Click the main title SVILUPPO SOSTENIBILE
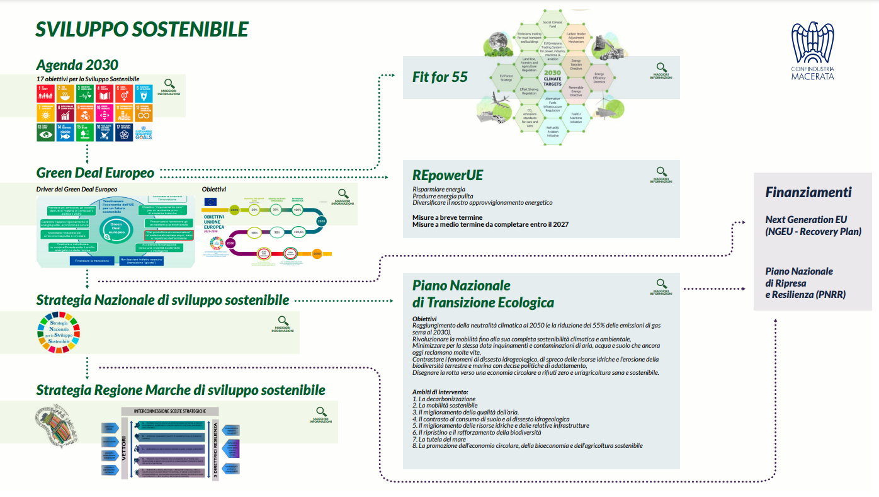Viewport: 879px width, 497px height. click(x=142, y=30)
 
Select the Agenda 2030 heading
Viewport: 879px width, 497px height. click(x=77, y=65)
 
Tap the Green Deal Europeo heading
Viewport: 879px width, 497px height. click(x=95, y=173)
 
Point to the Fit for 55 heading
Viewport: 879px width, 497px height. click(x=440, y=77)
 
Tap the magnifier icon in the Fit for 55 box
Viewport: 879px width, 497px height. click(x=661, y=67)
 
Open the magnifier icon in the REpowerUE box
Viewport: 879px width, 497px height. click(x=661, y=171)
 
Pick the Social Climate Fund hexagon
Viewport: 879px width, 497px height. click(x=543, y=25)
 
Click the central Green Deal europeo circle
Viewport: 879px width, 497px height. click(x=117, y=229)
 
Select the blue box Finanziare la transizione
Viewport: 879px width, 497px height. click(x=92, y=260)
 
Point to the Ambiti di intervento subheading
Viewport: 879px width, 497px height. click(x=441, y=392)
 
